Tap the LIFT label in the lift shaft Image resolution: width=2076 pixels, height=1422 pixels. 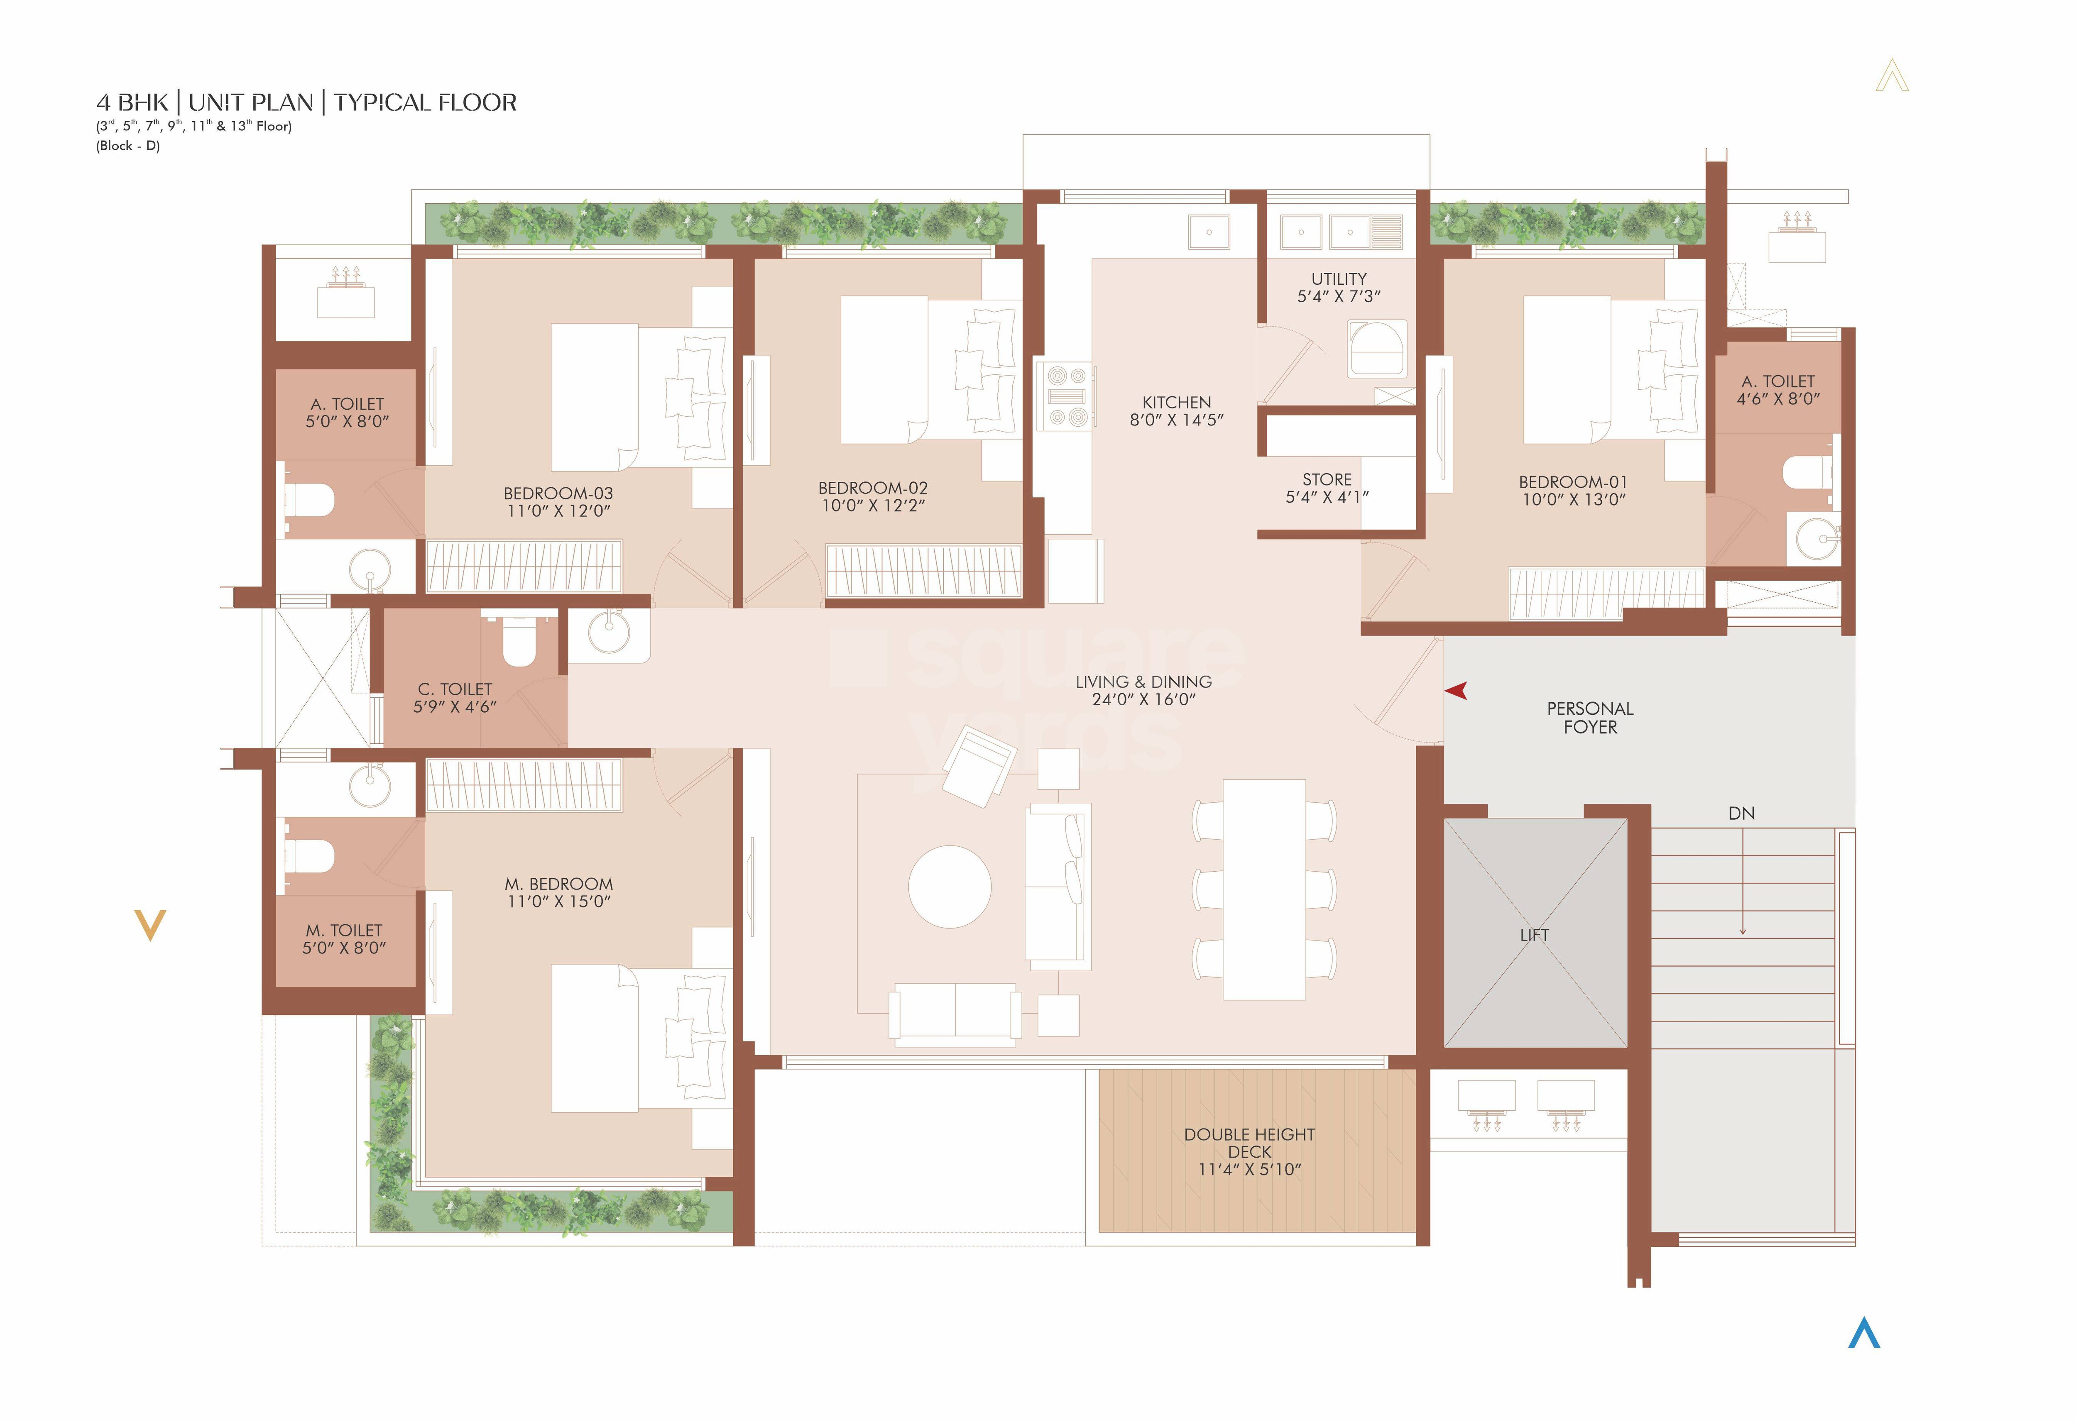tap(1534, 935)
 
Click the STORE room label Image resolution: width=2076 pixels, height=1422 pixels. tap(1327, 480)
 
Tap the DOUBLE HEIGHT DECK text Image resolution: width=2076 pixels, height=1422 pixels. tap(1249, 1143)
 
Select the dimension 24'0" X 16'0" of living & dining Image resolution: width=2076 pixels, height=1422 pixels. tap(1143, 699)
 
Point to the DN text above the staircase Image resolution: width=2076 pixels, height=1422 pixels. tap(1741, 814)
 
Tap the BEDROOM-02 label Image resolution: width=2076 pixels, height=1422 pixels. tap(873, 488)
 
